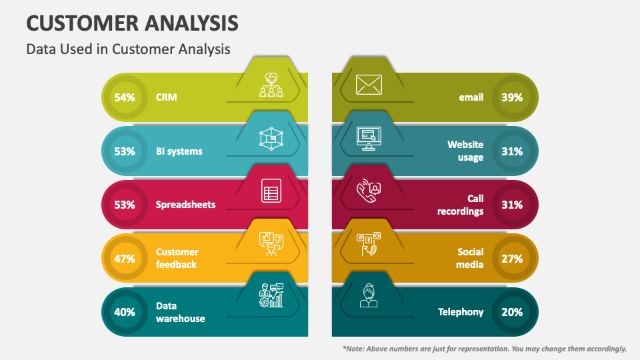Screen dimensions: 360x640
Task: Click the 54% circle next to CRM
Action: [125, 98]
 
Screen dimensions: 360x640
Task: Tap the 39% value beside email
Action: [512, 98]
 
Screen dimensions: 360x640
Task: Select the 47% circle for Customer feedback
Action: [125, 258]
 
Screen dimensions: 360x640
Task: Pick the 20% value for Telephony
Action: [512, 312]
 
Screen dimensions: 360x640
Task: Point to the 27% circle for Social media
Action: [512, 258]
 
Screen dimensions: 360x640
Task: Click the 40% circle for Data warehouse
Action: [125, 312]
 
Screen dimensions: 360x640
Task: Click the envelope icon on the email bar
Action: [369, 85]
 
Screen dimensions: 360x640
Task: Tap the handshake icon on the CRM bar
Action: [271, 85]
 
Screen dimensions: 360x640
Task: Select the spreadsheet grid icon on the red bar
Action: [271, 192]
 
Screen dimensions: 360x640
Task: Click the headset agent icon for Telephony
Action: [369, 295]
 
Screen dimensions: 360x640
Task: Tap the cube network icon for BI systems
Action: [271, 139]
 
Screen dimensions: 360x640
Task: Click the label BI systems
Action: [179, 151]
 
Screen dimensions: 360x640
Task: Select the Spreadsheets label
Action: [185, 205]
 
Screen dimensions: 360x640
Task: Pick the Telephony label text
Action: [461, 312]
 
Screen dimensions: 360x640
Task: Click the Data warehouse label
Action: [180, 312]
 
